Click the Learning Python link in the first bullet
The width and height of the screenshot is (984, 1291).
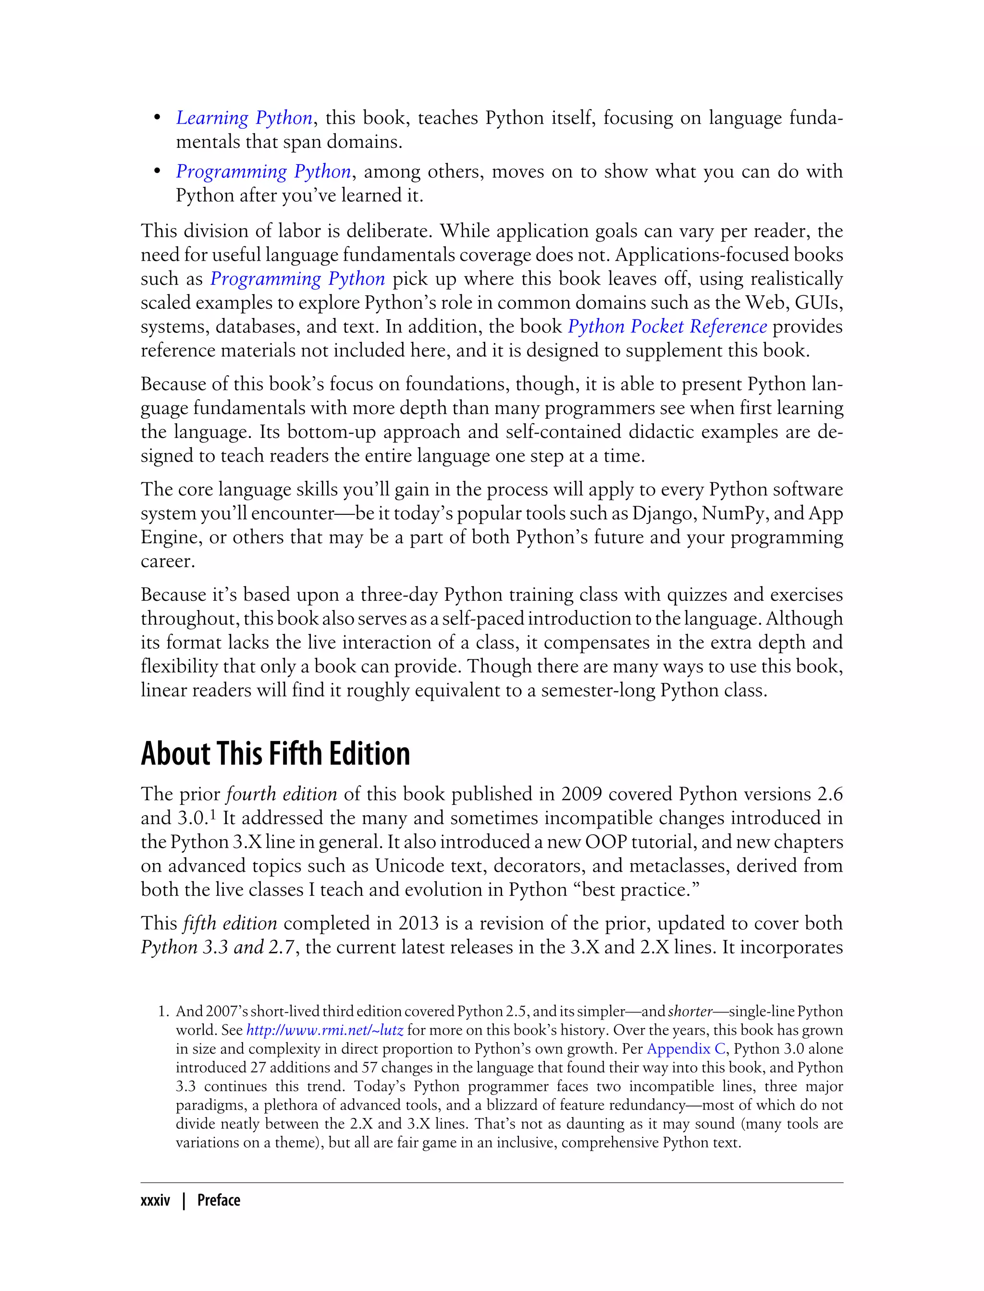(244, 118)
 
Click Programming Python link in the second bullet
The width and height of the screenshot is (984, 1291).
(263, 171)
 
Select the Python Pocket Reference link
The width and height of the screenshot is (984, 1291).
(667, 327)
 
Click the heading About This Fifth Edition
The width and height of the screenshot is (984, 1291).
(275, 754)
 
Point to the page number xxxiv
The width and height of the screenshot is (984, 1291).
(155, 1201)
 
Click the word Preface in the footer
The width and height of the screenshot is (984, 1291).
(219, 1201)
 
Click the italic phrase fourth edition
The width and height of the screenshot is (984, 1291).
(282, 794)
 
